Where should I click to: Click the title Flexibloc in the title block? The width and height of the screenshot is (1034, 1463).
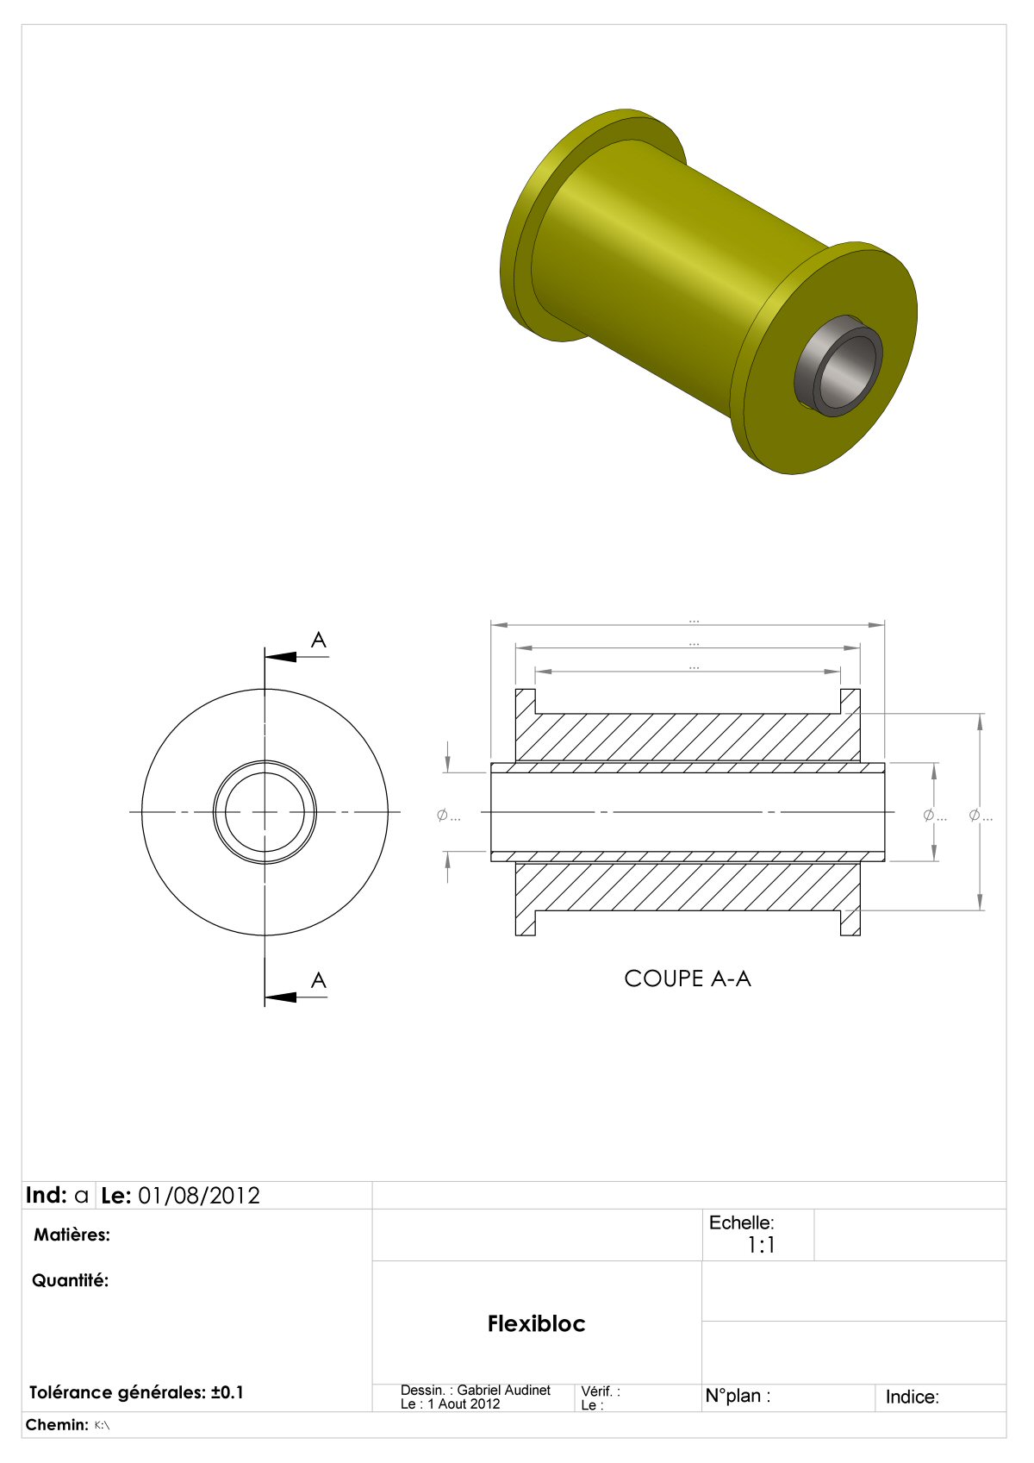pyautogui.click(x=536, y=1324)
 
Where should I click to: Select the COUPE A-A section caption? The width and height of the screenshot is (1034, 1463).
pyautogui.click(x=688, y=978)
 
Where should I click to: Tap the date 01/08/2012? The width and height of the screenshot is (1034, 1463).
pyautogui.click(x=199, y=1196)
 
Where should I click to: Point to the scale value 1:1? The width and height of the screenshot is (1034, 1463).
pyautogui.click(x=761, y=1246)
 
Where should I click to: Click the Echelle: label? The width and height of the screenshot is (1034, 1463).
pyautogui.click(x=742, y=1222)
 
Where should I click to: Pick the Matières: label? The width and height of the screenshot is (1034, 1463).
pyautogui.click(x=72, y=1235)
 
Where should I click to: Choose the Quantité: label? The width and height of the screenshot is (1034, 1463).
pyautogui.click(x=70, y=1281)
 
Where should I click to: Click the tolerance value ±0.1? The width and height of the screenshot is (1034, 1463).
pyautogui.click(x=227, y=1392)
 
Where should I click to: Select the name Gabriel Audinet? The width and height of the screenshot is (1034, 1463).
pyautogui.click(x=503, y=1391)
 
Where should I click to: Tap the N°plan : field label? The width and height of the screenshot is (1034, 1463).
pyautogui.click(x=738, y=1396)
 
